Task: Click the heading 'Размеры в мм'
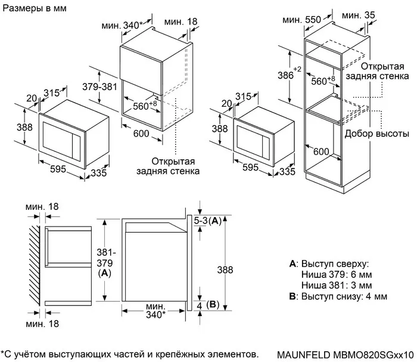[34, 9]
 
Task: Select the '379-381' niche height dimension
[98, 86]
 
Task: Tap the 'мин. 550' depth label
[302, 20]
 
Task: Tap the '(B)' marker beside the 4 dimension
[213, 305]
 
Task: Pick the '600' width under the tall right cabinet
[322, 152]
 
